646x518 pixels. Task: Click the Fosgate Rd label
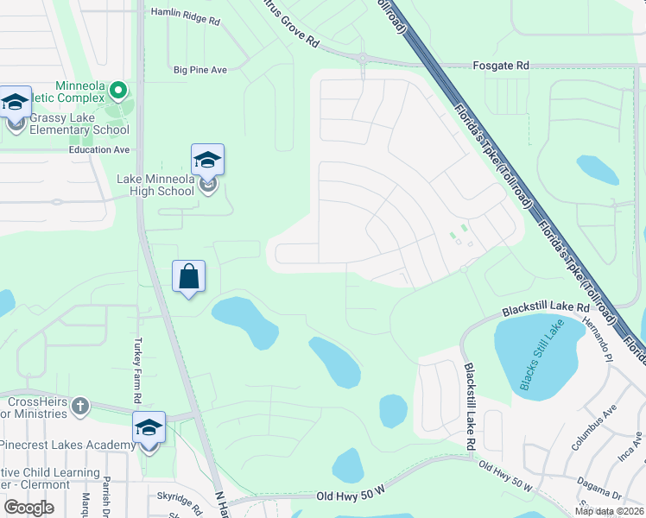pyautogui.click(x=501, y=66)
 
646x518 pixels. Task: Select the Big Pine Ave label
pyautogui.click(x=199, y=70)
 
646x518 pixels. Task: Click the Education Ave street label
pyautogui.click(x=99, y=149)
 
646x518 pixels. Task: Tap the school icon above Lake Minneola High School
pyautogui.click(x=207, y=161)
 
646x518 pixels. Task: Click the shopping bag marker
pyautogui.click(x=189, y=277)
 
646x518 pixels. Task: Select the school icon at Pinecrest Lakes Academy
pyautogui.click(x=149, y=428)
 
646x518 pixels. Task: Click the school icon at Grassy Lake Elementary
pyautogui.click(x=16, y=104)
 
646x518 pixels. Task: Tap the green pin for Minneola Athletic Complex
pyautogui.click(x=120, y=89)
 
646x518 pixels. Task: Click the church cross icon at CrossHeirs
pyautogui.click(x=80, y=405)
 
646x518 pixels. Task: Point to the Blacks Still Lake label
pyautogui.click(x=541, y=354)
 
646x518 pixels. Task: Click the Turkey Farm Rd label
pyautogui.click(x=136, y=371)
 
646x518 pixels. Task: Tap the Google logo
pyautogui.click(x=28, y=507)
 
